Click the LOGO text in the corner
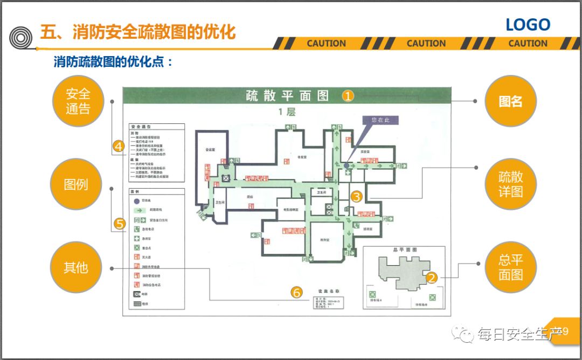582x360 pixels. click(528, 25)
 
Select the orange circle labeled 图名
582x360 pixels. click(510, 101)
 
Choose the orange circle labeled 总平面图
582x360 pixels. click(510, 267)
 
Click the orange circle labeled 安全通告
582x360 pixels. click(78, 101)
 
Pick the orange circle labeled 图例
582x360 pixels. click(75, 184)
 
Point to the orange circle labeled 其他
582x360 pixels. click(75, 267)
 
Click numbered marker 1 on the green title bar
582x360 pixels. click(349, 96)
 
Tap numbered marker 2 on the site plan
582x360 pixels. click(432, 278)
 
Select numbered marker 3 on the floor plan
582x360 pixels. click(356, 197)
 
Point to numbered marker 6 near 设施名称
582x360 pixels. click(296, 293)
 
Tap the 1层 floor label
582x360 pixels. click(287, 112)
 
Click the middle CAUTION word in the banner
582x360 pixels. click(426, 44)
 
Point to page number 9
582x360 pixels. click(565, 331)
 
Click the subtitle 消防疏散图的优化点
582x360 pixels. click(113, 62)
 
